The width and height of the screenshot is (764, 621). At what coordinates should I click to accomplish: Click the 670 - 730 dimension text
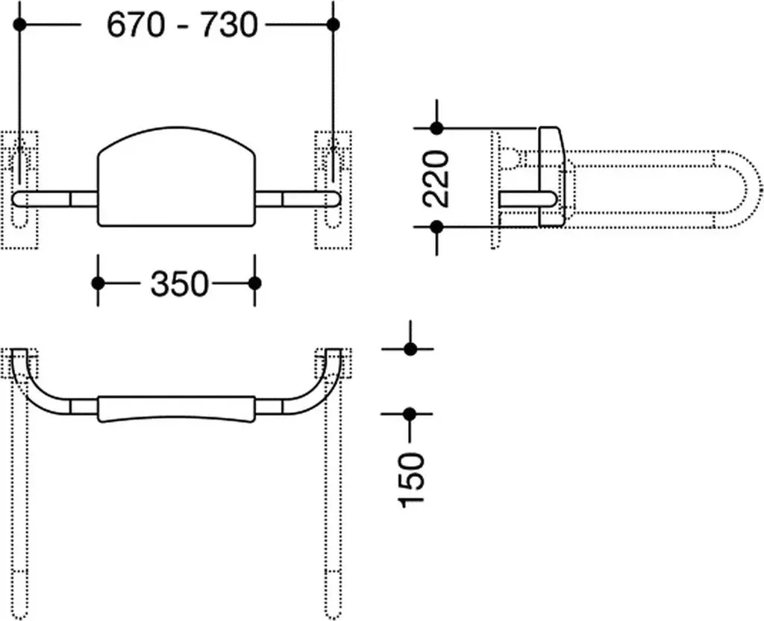pos(182,25)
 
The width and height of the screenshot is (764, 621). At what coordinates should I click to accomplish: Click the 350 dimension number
pos(179,284)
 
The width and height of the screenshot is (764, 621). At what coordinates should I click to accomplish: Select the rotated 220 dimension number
pos(436,179)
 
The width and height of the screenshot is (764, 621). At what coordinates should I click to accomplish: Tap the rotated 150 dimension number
pos(412,480)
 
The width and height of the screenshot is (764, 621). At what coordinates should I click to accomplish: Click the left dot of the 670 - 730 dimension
pos(19,25)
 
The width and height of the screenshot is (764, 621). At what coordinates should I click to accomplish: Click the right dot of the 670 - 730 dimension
pos(334,25)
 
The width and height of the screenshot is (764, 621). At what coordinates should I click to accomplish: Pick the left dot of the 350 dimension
pos(98,283)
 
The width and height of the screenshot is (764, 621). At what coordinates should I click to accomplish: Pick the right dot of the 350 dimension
pos(255,283)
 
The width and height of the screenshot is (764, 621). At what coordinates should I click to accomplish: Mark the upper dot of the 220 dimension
pos(437,128)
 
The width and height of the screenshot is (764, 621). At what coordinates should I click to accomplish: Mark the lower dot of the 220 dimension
pos(437,227)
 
